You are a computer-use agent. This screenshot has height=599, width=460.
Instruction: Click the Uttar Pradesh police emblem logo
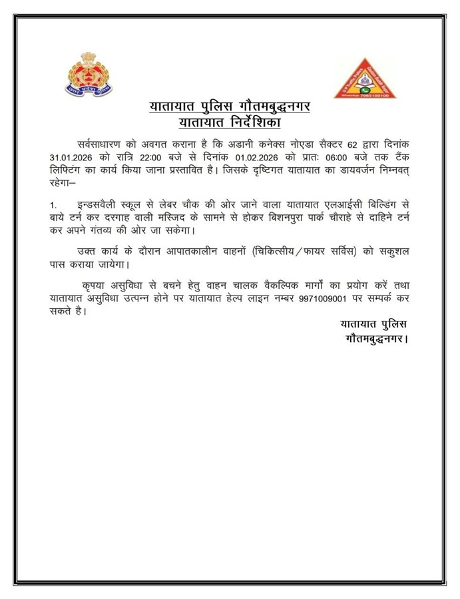tap(89, 75)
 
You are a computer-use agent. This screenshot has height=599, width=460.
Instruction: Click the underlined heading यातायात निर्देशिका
tap(229, 122)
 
